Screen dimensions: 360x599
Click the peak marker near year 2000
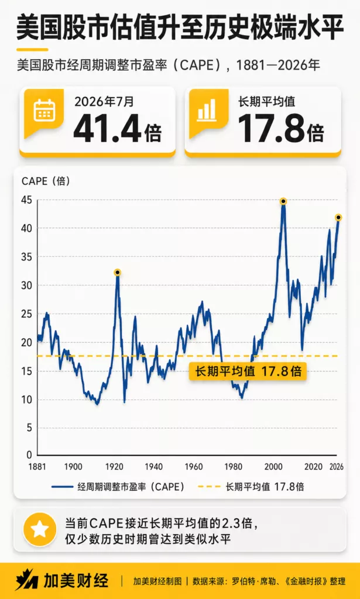[x=283, y=201]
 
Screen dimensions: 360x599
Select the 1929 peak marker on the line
[x=117, y=273]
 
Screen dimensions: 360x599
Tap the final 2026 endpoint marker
[x=338, y=218]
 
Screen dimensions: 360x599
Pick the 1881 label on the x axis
[x=37, y=467]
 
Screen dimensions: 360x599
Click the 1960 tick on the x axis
[x=194, y=467]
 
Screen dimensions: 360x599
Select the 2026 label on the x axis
[x=337, y=467]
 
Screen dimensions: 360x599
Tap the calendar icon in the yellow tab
[x=44, y=110]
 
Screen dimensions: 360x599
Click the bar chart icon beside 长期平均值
[x=207, y=110]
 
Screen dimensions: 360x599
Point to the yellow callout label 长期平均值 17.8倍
[x=248, y=371]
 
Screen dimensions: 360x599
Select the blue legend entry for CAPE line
[x=118, y=486]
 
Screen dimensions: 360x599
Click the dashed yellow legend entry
[x=251, y=486]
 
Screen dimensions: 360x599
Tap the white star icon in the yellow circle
[x=40, y=529]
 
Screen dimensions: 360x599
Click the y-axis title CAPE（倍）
[x=46, y=181]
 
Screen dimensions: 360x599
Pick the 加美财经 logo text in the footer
[x=76, y=581]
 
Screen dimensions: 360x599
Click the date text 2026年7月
[x=104, y=101]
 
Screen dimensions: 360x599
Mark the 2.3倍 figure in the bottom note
[x=242, y=522]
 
